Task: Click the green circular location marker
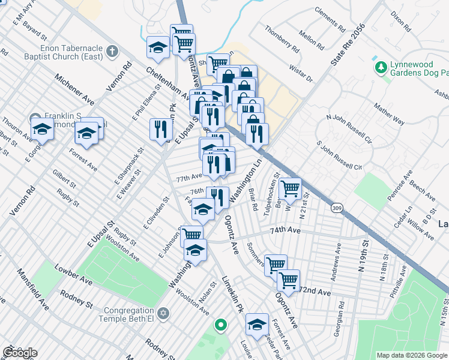pos(221,326)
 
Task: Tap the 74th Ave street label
pos(285,230)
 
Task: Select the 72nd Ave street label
pos(315,292)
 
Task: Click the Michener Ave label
pos(74,88)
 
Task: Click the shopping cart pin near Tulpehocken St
pos(290,188)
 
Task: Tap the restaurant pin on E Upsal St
pos(160,129)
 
